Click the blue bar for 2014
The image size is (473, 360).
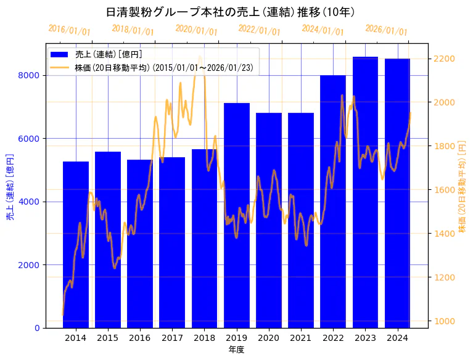tap(76, 247)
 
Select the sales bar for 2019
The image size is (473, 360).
tap(237, 216)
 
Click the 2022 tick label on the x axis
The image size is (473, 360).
tap(333, 338)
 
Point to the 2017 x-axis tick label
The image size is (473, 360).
tap(172, 338)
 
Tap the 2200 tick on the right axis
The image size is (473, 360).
tap(445, 59)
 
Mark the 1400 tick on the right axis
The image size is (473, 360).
tap(445, 234)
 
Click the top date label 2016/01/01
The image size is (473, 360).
tap(69, 30)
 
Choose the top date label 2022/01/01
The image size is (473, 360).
tap(259, 30)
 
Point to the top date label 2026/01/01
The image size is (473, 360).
tap(386, 30)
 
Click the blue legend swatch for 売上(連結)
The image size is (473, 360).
tap(60, 54)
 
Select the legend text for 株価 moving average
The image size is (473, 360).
tap(163, 67)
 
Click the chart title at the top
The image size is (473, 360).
tap(230, 12)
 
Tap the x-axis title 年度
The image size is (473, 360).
tap(236, 350)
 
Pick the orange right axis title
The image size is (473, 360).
tap(463, 186)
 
